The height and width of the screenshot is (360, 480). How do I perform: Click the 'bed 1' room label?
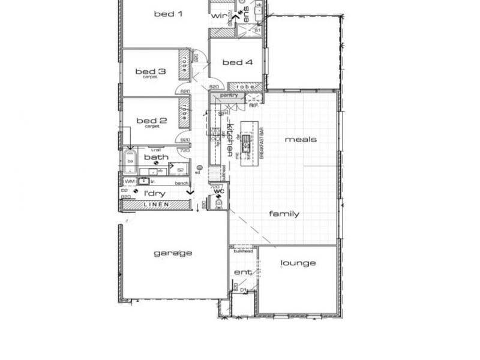[x=168, y=14]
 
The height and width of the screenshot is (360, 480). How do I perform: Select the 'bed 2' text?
[x=147, y=121]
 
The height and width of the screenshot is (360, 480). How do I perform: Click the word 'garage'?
[x=173, y=253]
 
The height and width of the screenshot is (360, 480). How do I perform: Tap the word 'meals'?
[x=301, y=139]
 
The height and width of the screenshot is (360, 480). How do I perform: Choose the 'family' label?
[x=284, y=214]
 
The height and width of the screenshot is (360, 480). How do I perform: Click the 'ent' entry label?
[x=242, y=272]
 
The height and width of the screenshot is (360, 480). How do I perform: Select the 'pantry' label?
[x=229, y=95]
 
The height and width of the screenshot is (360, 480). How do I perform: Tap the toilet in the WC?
[x=218, y=204]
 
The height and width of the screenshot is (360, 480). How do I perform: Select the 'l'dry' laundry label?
[x=155, y=193]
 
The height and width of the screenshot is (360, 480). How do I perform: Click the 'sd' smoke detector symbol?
[x=199, y=169]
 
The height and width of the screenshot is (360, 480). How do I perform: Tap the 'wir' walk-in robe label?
[x=218, y=16]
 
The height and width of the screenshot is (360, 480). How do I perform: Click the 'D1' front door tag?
[x=242, y=290]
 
